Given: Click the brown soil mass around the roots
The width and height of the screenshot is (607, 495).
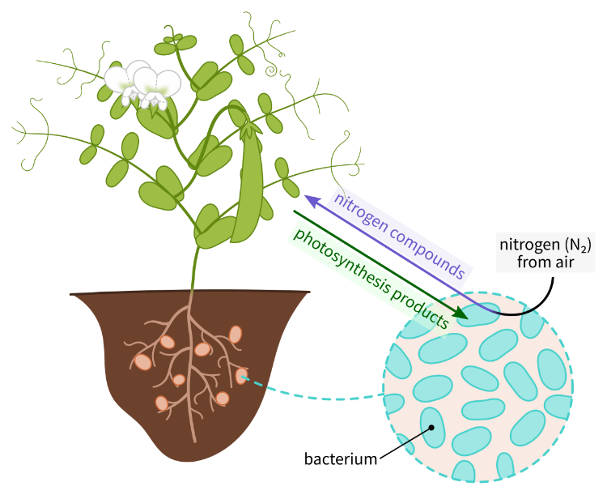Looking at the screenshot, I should pyautogui.click(x=121, y=324).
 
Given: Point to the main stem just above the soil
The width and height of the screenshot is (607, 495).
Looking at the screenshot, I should pyautogui.click(x=194, y=275).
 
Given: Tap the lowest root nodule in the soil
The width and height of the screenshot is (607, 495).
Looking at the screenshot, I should pyautogui.click(x=162, y=403).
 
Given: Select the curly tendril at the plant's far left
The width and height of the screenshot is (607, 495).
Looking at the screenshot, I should pyautogui.click(x=24, y=130).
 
